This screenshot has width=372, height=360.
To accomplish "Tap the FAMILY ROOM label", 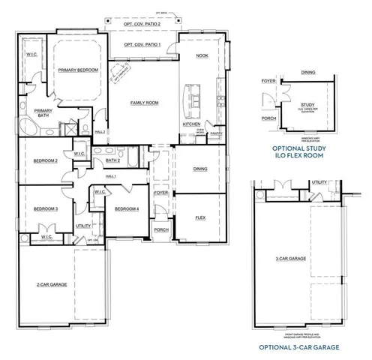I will (142, 102).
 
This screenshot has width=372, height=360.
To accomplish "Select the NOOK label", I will (202, 56).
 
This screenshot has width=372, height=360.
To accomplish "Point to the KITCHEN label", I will (191, 124).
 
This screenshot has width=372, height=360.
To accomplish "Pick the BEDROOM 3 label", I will (45, 208).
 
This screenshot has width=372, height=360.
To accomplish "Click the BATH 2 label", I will (113, 160).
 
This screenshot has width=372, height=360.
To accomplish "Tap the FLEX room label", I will (200, 217).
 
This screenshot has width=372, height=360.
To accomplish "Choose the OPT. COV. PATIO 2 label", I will (142, 25).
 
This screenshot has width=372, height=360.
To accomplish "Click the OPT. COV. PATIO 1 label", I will (142, 45).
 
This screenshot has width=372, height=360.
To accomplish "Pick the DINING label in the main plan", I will (200, 169).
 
